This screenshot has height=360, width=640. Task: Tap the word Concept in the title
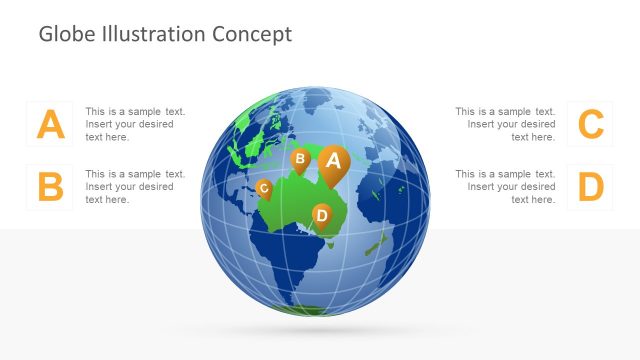point(252,34)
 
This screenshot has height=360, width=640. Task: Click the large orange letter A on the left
point(51,124)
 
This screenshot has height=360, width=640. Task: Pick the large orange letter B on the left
point(51,187)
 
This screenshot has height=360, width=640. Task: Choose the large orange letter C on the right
point(591,124)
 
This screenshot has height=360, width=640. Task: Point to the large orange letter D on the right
point(591,187)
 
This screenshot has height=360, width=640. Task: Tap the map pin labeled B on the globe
point(299,158)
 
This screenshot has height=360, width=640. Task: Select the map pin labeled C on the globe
point(263,187)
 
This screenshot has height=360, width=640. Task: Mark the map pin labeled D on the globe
point(321,214)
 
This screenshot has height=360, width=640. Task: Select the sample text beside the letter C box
point(506,124)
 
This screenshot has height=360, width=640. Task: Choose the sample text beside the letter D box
point(506,187)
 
